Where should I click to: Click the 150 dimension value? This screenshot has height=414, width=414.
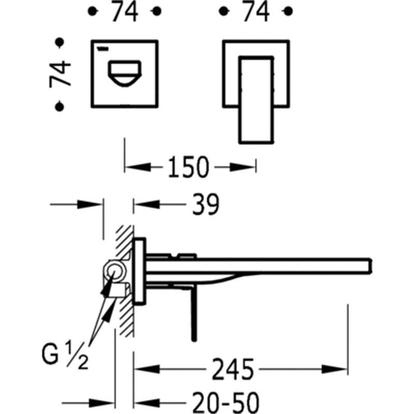tap(188, 167)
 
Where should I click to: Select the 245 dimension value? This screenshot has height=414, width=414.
tap(233, 369)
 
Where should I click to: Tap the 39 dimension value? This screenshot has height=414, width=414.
tap(205, 204)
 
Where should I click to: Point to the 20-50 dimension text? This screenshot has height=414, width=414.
tap(226, 403)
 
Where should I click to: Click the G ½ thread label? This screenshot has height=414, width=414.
tap(65, 354)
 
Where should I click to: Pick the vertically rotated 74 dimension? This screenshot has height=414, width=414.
tap(60, 74)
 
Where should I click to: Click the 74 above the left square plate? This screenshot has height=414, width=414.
tap(125, 11)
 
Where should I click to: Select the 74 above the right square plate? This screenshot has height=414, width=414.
tap(256, 11)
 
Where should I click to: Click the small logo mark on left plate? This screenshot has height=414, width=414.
tap(103, 49)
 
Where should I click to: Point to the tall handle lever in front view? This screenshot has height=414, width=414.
tap(256, 100)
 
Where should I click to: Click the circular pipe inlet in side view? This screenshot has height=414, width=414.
tap(115, 271)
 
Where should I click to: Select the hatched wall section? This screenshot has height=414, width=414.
tap(125, 281)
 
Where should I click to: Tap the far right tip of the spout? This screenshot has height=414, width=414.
tap(371, 267)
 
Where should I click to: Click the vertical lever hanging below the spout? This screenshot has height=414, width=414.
tap(194, 313)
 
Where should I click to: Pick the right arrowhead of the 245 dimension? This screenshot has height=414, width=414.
tap(334, 369)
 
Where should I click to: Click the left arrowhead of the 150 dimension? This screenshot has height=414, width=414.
tap(138, 167)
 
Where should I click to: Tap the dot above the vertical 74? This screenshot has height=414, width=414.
tap(60, 42)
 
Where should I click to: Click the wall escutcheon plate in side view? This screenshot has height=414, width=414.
tap(140, 271)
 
